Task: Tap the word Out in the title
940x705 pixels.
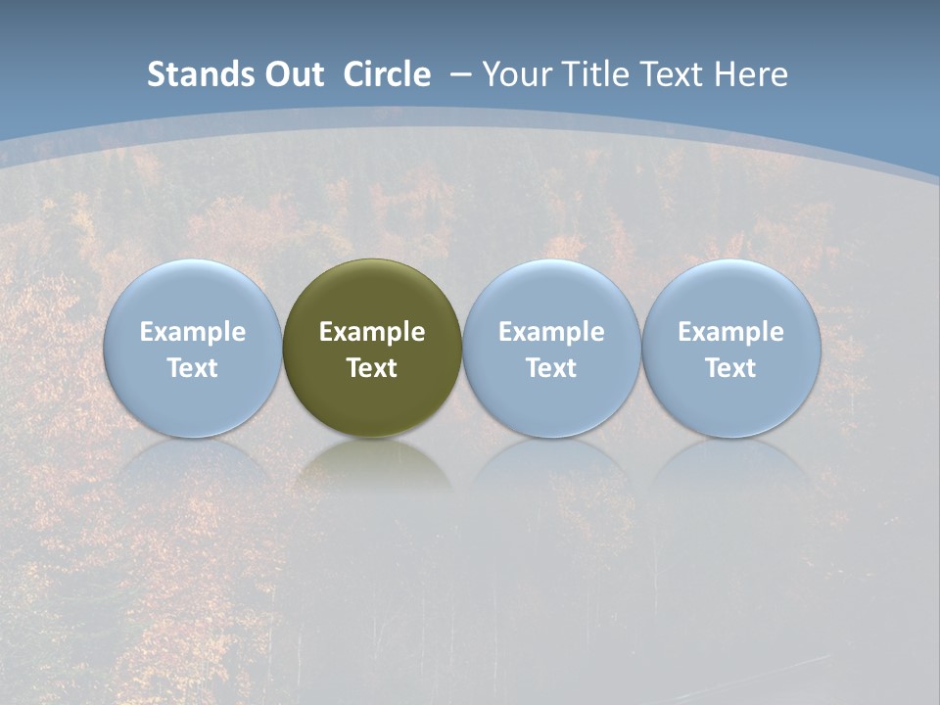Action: click(292, 74)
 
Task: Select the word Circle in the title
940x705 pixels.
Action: click(387, 74)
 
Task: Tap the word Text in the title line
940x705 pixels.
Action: click(677, 74)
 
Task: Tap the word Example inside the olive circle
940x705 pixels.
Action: click(372, 332)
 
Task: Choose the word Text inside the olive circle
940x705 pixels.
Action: click(372, 368)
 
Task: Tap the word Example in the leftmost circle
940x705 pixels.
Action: click(193, 332)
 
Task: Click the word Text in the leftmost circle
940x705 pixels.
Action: click(193, 368)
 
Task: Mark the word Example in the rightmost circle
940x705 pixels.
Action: click(731, 332)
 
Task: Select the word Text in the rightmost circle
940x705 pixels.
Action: click(731, 368)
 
